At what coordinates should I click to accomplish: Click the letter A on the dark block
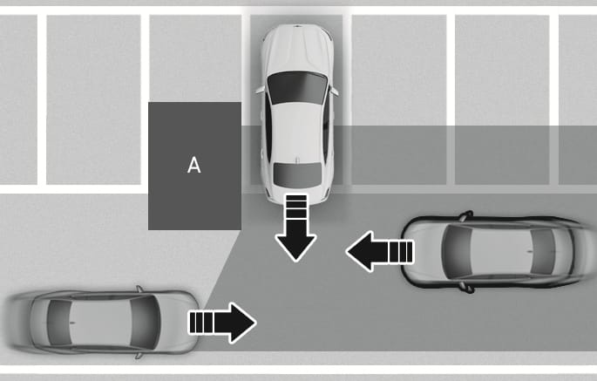(194, 166)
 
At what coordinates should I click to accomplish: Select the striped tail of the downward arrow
(296, 208)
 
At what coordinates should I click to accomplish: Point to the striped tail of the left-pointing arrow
(395, 251)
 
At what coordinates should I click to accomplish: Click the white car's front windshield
(297, 88)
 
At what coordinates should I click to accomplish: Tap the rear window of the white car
(297, 175)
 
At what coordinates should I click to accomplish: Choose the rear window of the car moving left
(543, 251)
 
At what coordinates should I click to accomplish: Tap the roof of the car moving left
(500, 251)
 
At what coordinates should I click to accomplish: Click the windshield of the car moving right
(145, 323)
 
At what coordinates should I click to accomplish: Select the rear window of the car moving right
(59, 323)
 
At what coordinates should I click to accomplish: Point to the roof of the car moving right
(102, 323)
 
